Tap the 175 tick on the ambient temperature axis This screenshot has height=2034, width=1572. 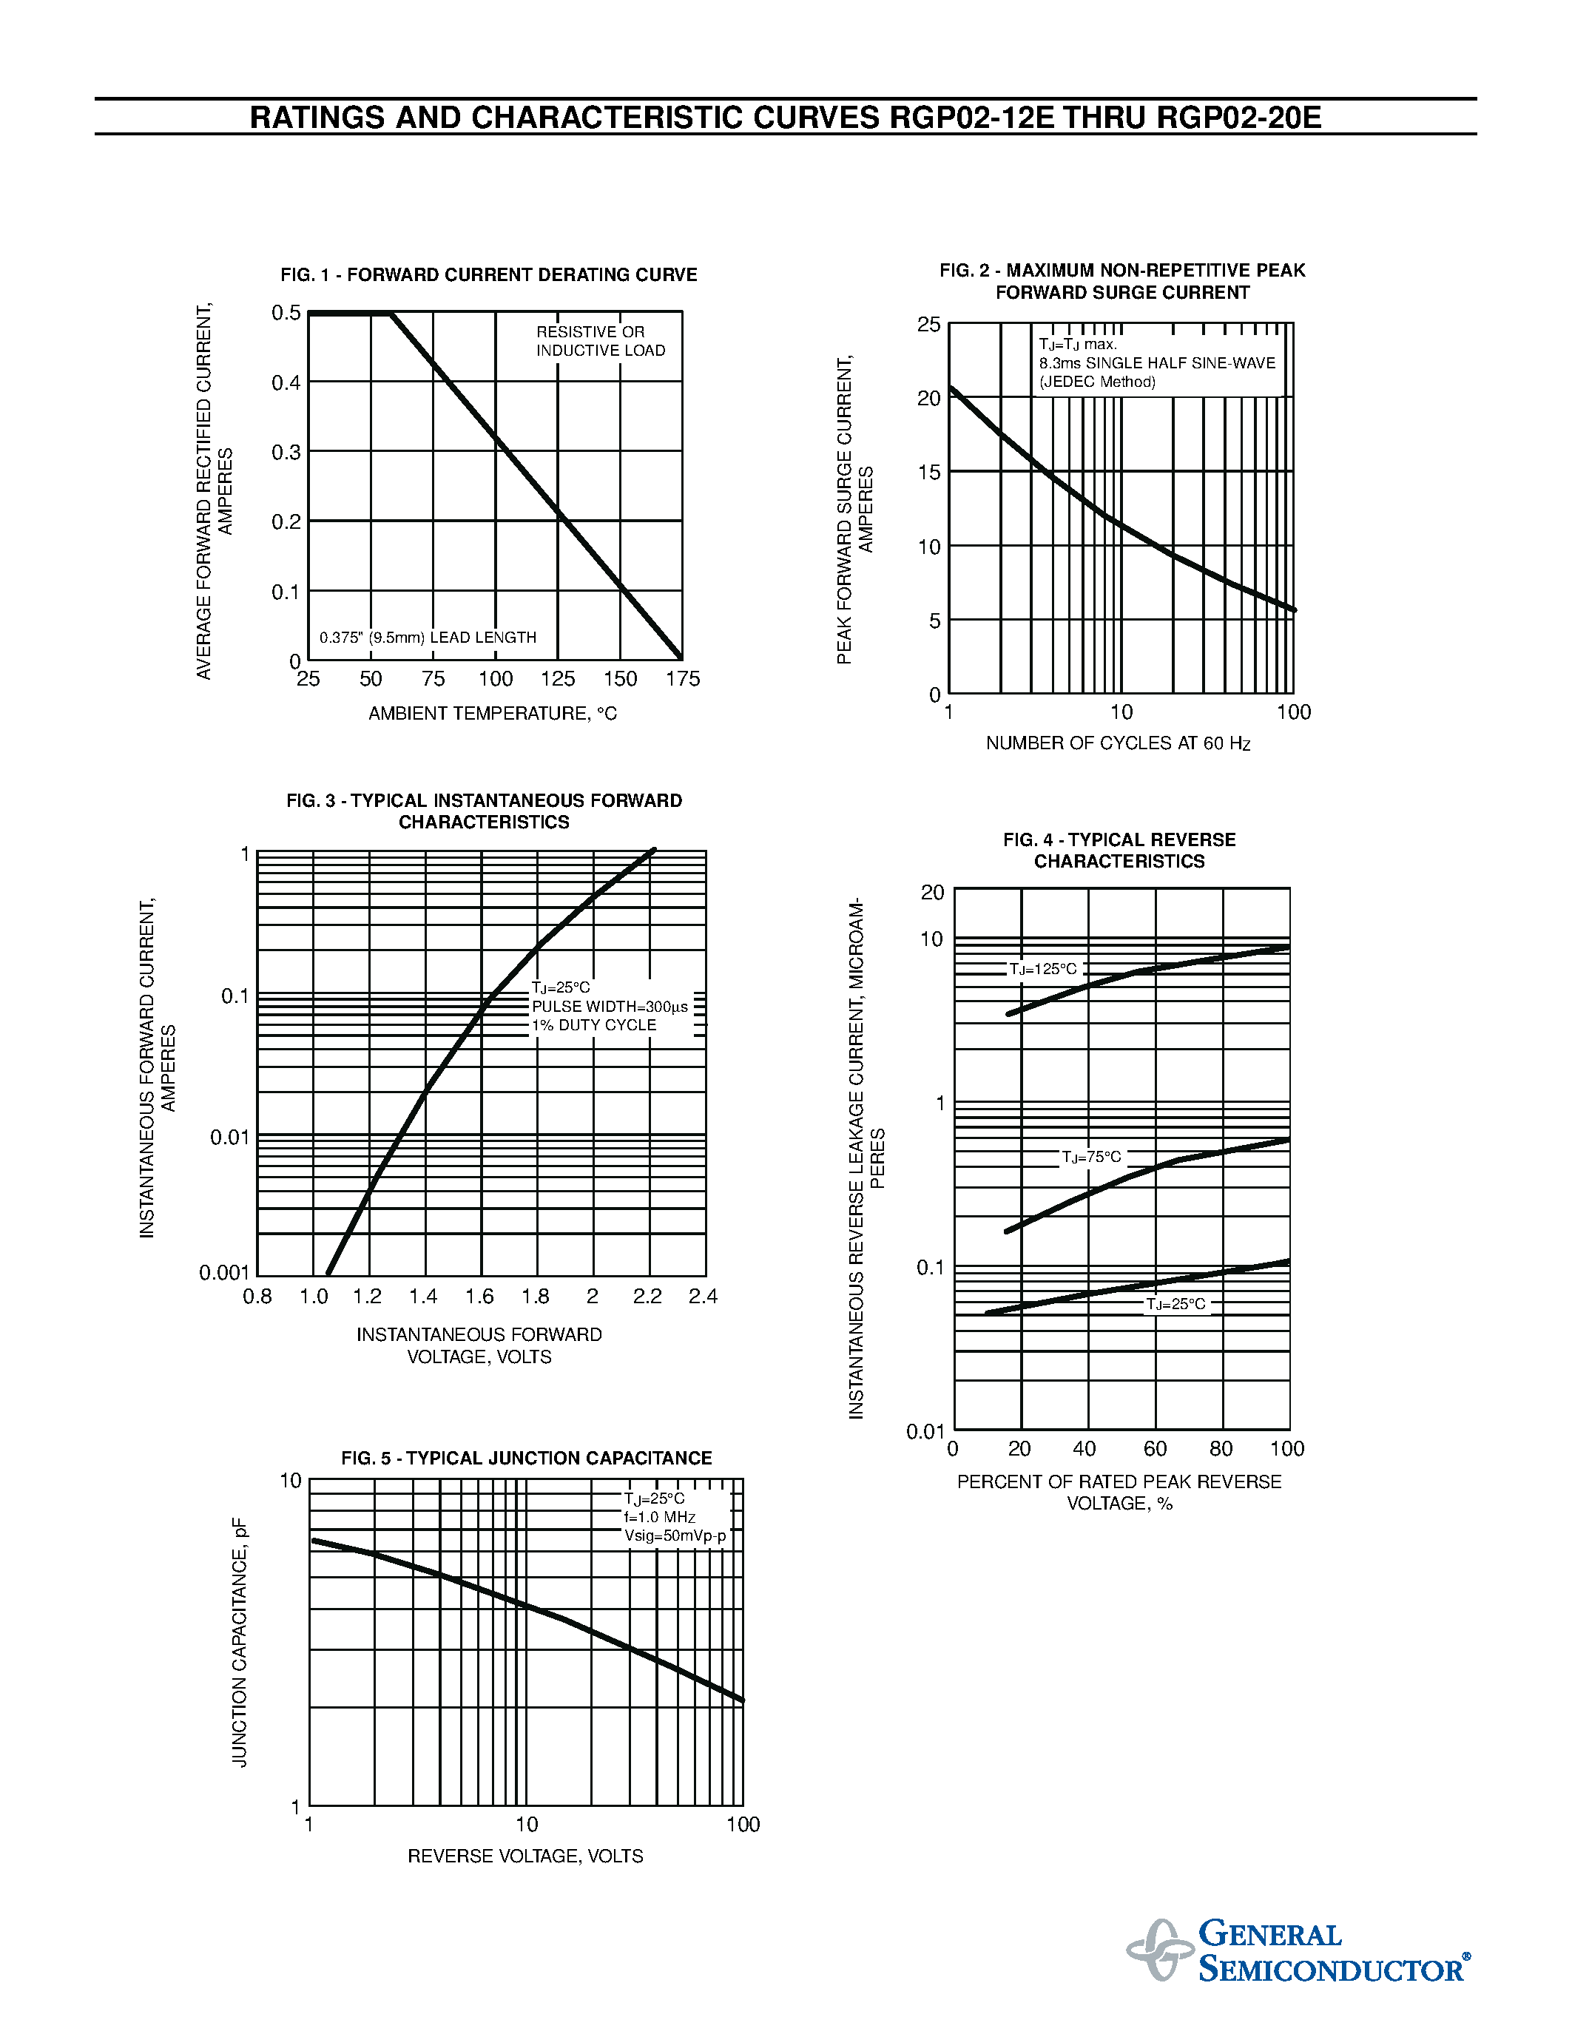[x=683, y=679]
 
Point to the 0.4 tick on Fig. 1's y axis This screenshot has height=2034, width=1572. [x=286, y=383]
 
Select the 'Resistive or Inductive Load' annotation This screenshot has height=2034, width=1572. [x=601, y=341]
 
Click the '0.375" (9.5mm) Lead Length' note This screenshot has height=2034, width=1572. [x=428, y=638]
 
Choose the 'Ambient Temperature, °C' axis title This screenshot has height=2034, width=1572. [x=493, y=714]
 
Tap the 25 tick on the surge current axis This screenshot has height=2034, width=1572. [x=928, y=324]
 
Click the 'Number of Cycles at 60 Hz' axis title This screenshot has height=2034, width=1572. [x=1118, y=743]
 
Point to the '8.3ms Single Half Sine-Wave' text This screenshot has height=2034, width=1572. [x=1158, y=363]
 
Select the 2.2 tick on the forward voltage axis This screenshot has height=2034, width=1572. [x=647, y=1297]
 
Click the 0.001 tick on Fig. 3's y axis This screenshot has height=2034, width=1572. [x=223, y=1273]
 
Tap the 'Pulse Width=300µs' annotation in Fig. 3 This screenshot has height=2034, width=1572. [x=610, y=1007]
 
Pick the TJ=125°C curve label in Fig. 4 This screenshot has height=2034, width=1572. [x=1043, y=970]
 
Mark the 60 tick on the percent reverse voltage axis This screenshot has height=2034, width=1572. [x=1155, y=1448]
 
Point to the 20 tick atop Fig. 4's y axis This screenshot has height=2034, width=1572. [x=932, y=892]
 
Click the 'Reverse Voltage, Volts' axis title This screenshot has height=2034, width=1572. [x=525, y=1856]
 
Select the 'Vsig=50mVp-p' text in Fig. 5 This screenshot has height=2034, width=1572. [x=675, y=1535]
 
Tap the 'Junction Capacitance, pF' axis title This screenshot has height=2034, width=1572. [x=240, y=1642]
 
